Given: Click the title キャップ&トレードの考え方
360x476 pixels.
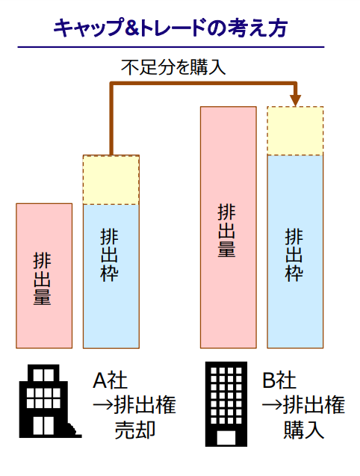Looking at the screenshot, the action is (x=170, y=28).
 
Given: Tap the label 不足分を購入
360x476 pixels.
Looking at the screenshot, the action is (x=173, y=67).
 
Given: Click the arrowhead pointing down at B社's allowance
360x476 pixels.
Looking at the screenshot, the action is (x=295, y=100).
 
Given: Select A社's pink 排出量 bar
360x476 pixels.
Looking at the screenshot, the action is (x=44, y=276).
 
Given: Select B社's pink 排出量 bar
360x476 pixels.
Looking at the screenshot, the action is (x=229, y=227).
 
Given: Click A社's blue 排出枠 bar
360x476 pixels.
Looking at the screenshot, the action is (x=111, y=276).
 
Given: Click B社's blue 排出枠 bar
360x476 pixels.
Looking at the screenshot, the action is (x=295, y=252).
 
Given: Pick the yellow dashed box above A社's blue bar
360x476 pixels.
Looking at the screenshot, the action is (x=111, y=180).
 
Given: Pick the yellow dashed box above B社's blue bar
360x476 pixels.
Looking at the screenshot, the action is (x=295, y=131).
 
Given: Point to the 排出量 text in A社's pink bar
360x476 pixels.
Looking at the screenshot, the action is (x=42, y=279).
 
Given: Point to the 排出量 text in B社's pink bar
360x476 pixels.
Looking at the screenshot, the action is (x=226, y=231).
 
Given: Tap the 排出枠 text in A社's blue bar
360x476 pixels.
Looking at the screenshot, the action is (x=109, y=255).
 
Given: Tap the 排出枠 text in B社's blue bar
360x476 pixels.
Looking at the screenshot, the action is (x=294, y=255).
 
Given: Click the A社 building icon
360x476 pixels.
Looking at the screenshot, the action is (x=50, y=401).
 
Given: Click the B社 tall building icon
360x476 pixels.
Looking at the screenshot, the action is (x=226, y=404).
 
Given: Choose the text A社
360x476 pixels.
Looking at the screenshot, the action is (x=110, y=380).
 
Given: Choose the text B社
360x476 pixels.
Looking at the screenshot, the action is (x=279, y=380).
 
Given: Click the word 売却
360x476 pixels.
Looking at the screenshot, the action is (x=135, y=430).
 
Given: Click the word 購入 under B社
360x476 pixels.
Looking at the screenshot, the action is (x=304, y=430).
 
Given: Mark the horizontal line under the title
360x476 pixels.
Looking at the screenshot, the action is (x=171, y=47).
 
